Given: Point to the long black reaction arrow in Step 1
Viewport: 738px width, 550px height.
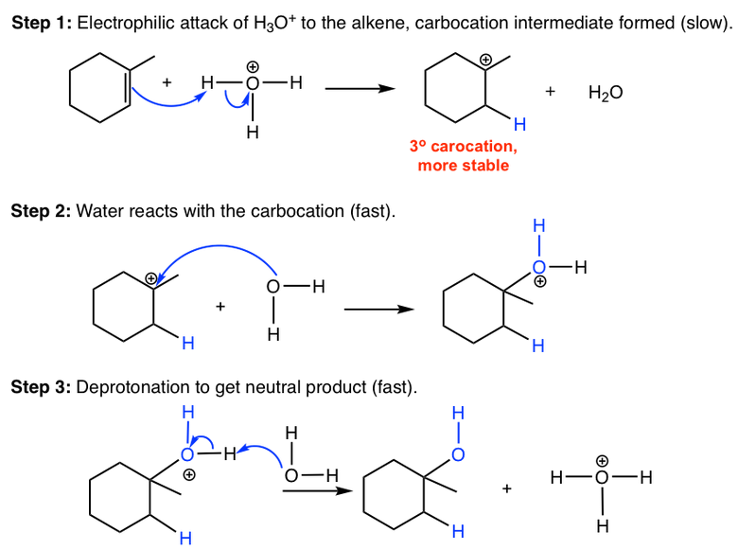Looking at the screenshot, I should coord(359,89).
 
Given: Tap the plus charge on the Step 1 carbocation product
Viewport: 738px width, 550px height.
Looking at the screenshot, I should coord(485,60).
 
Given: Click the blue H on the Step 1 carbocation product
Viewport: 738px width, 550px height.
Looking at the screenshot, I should coord(519,125).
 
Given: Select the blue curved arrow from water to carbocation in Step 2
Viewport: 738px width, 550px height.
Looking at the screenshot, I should coord(227,251).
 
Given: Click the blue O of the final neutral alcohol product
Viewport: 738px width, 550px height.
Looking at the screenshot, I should coord(458,455).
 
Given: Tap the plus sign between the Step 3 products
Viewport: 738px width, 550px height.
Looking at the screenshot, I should coord(507,488).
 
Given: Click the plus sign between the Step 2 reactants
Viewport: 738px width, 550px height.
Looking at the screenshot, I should coord(220,306).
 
